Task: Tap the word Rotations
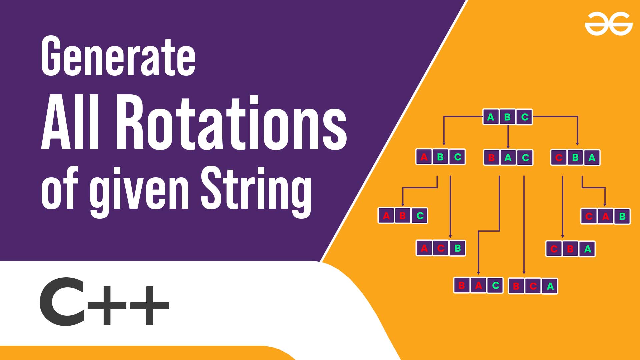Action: pyautogui.click(x=231, y=123)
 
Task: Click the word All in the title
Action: pyautogui.click(x=71, y=123)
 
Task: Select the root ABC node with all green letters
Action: pyautogui.click(x=508, y=117)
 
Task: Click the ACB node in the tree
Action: pyautogui.click(x=441, y=248)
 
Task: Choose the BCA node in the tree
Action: pyautogui.click(x=533, y=286)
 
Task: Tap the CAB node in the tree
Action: pyautogui.click(x=606, y=216)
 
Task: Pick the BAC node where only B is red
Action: pyautogui.click(x=508, y=157)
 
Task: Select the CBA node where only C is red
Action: pyautogui.click(x=575, y=157)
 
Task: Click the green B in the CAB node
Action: pyautogui.click(x=622, y=217)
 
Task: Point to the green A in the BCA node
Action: pyautogui.click(x=550, y=286)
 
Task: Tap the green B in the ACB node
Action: pyautogui.click(x=458, y=248)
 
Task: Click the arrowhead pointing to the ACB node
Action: pyautogui.click(x=450, y=236)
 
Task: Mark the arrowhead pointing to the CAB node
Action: pyautogui.click(x=605, y=204)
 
